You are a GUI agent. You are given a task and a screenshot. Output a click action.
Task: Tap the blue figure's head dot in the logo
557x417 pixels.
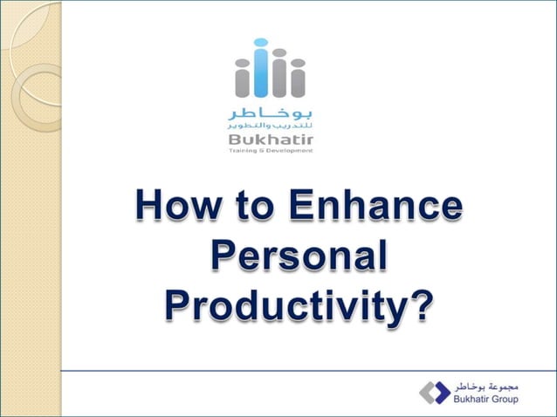point(260,43)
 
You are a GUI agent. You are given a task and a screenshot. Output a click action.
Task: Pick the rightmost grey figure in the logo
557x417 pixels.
point(297,80)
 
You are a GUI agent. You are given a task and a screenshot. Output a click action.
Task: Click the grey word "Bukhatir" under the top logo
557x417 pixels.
point(270,140)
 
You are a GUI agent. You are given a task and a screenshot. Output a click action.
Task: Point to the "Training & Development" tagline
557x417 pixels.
point(270,151)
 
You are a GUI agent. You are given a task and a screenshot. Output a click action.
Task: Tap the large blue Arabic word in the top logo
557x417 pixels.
point(270,113)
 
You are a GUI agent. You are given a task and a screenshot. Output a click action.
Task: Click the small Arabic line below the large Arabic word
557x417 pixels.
point(270,127)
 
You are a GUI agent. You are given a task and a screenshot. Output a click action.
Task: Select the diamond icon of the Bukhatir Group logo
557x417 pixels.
point(434,392)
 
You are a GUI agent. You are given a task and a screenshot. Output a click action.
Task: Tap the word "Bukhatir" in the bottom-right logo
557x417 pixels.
point(469,400)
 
